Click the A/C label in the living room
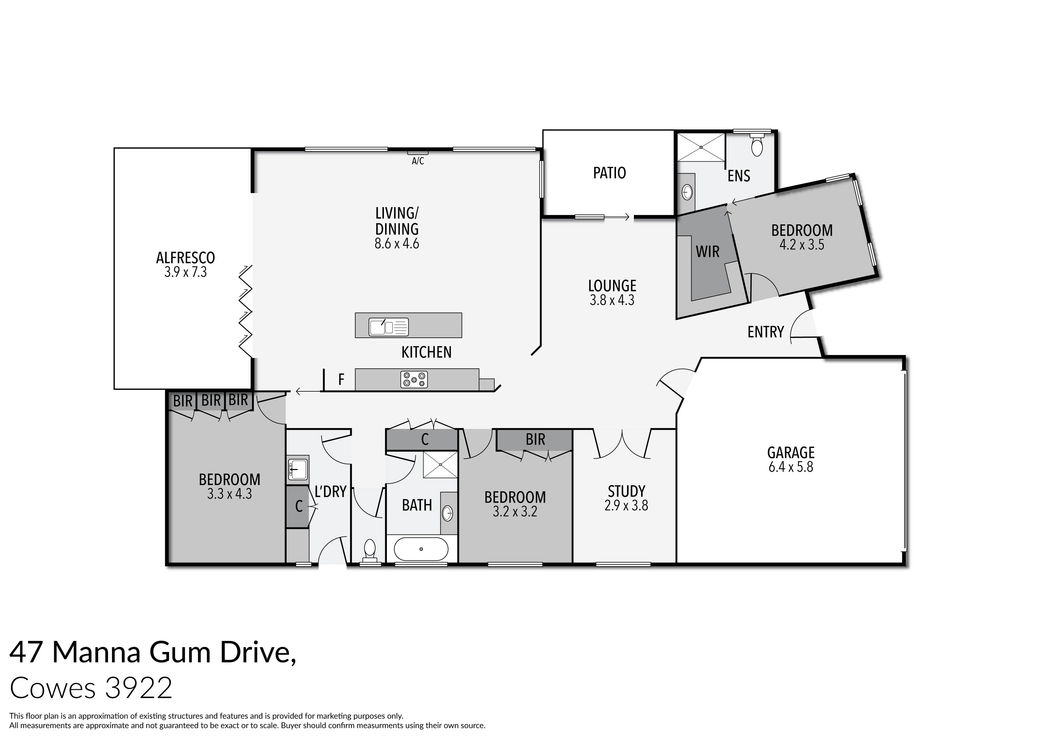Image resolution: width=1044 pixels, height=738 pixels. (418, 161)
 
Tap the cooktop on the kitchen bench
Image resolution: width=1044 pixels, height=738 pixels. (414, 380)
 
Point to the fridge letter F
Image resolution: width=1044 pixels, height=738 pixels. (341, 379)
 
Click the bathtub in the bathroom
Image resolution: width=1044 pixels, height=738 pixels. (421, 549)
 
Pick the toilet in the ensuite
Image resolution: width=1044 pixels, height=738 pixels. (757, 146)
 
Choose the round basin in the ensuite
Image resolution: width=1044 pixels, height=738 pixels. (687, 192)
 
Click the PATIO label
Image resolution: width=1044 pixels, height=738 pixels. (609, 173)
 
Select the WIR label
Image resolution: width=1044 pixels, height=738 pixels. (707, 251)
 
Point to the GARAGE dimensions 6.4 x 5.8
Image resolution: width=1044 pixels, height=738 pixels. (791, 467)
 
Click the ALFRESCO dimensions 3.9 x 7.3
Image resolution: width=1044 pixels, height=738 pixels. (185, 272)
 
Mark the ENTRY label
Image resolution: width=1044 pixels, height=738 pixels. (766, 332)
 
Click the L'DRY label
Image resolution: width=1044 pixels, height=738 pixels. (331, 492)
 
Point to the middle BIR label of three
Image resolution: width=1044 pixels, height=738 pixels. (211, 401)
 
